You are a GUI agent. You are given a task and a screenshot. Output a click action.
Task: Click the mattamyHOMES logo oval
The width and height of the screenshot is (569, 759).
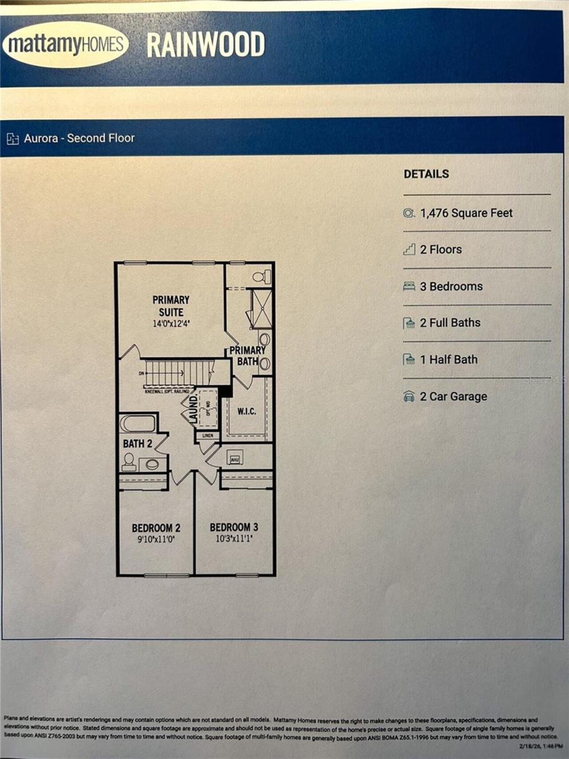pyautogui.click(x=65, y=44)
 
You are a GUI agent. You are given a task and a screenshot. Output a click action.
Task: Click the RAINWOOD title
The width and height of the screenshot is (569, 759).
pyautogui.click(x=206, y=45)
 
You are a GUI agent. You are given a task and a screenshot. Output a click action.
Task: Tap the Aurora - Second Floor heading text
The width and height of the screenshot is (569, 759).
pyautogui.click(x=79, y=138)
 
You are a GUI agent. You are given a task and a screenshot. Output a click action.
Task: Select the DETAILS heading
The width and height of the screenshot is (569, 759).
pyautogui.click(x=426, y=174)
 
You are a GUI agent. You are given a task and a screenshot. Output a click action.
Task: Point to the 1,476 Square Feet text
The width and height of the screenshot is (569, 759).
pyautogui.click(x=466, y=213)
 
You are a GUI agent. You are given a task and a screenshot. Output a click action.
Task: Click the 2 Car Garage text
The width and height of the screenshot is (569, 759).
pyautogui.click(x=453, y=396)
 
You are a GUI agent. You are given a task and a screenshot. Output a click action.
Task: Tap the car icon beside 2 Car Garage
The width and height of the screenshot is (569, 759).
pyautogui.click(x=409, y=396)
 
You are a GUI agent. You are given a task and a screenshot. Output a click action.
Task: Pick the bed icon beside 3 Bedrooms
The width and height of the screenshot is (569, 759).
pyautogui.click(x=409, y=286)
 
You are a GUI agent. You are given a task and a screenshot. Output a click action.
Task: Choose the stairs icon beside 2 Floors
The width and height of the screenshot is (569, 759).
pyautogui.click(x=409, y=249)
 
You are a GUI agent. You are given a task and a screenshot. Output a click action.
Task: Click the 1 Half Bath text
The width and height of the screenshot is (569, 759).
pyautogui.click(x=449, y=359)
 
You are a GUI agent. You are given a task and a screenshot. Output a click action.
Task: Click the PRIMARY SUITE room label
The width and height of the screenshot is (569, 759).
pyautogui.click(x=171, y=306)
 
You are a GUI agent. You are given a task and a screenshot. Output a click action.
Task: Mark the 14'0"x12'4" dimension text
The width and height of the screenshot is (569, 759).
pyautogui.click(x=171, y=324)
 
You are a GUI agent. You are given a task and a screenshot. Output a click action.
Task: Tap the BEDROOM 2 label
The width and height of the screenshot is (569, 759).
pyautogui.click(x=156, y=528)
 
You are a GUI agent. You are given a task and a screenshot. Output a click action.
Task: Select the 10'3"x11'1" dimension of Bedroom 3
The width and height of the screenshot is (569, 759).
pyautogui.click(x=234, y=539)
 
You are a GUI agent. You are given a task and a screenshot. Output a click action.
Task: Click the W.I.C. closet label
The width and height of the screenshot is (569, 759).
pyautogui.click(x=246, y=411)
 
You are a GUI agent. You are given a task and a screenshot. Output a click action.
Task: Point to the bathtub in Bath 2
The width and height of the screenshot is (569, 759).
pyautogui.click(x=138, y=423)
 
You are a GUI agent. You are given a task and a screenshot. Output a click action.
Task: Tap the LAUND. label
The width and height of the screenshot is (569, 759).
pyautogui.click(x=193, y=409)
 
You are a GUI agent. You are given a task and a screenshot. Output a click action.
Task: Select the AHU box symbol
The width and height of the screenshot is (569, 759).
pyautogui.click(x=234, y=458)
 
